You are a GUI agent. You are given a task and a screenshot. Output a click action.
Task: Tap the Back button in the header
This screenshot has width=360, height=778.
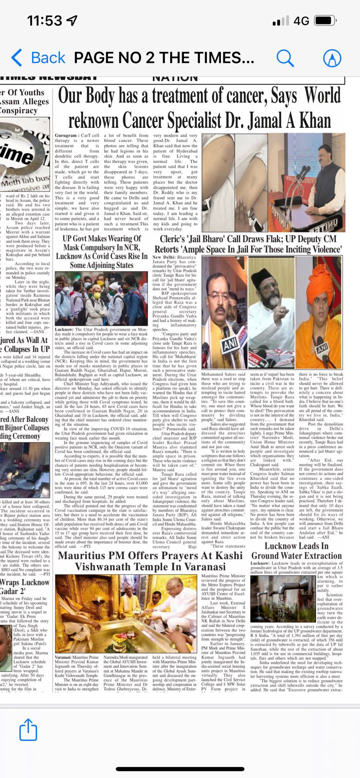pos(38,57)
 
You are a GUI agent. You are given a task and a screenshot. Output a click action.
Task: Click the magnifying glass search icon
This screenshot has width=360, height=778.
pos(285,57)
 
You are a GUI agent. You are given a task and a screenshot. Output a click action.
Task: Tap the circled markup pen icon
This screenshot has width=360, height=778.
pos(332,57)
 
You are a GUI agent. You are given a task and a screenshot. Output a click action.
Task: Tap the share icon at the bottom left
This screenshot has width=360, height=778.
pos(28,730)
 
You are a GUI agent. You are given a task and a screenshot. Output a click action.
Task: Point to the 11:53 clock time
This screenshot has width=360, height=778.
pos(45,21)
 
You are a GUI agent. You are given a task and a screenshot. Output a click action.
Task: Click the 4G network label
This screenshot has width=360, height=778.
pos(302,21)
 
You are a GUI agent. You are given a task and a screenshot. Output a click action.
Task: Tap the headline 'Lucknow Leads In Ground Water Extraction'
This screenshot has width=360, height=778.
pos(296,550)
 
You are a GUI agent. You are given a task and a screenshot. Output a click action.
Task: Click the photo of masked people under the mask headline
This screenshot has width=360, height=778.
pos(101,299)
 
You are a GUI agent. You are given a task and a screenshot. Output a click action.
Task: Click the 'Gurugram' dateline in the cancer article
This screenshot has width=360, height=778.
pos(66,136)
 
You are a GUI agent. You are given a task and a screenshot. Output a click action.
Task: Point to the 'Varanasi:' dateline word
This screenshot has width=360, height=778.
pos(64,657)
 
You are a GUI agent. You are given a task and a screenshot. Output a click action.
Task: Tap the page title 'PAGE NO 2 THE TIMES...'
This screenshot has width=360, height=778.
pos(164,57)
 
